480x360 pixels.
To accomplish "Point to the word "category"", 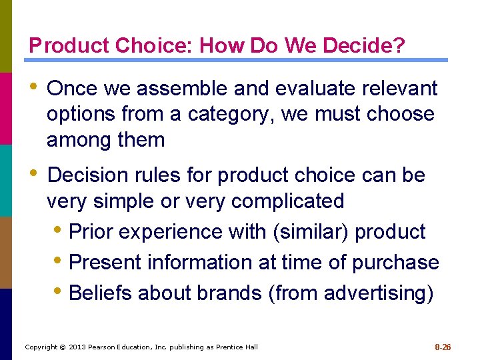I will pos(223,114).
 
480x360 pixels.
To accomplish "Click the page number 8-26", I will pos(443,347).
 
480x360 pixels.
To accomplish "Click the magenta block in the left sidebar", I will pos(6,108).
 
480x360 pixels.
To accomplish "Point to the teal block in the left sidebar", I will pos(6,180).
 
